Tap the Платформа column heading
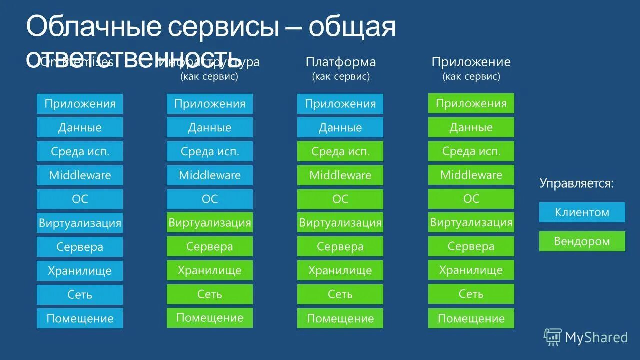click(340, 62)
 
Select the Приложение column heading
click(471, 62)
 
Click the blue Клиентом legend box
click(582, 212)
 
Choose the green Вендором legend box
click(582, 241)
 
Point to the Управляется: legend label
click(576, 183)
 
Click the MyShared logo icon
click(552, 337)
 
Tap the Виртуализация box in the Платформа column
click(340, 223)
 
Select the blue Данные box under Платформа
click(340, 127)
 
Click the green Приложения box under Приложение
click(471, 103)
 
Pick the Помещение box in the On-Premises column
click(80, 318)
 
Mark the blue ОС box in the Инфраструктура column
click(210, 199)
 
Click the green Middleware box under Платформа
click(340, 175)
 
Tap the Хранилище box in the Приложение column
click(471, 270)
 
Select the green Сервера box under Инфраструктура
click(210, 246)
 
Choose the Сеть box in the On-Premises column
click(80, 294)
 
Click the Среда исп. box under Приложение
click(471, 151)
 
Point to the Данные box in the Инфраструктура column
click(210, 127)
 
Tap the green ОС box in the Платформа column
click(340, 199)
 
